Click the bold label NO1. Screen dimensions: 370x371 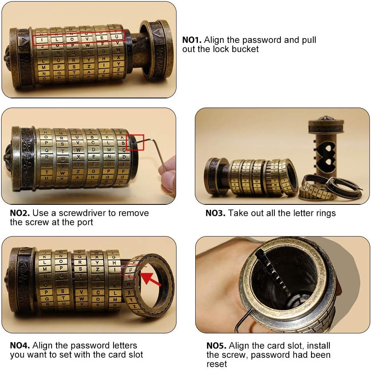[x=192, y=40]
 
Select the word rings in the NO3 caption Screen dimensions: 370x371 [x=324, y=213]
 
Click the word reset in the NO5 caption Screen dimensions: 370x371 [x=217, y=364]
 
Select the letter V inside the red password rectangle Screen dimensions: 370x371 [x=87, y=38]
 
